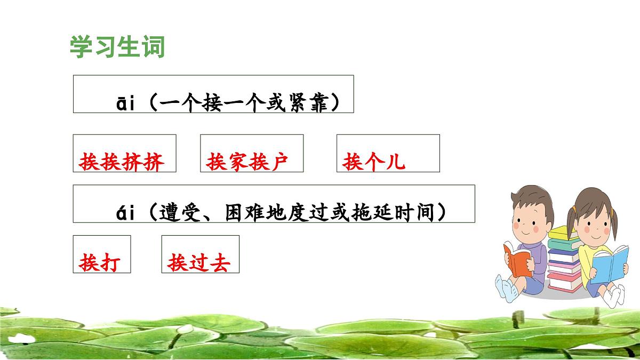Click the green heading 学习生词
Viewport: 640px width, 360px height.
pyautogui.click(x=117, y=47)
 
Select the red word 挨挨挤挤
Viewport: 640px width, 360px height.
pyautogui.click(x=122, y=162)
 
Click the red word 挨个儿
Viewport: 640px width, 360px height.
pyautogui.click(x=374, y=162)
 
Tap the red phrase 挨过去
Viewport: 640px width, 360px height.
pyautogui.click(x=198, y=263)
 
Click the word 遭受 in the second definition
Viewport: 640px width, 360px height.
pyautogui.click(x=177, y=213)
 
